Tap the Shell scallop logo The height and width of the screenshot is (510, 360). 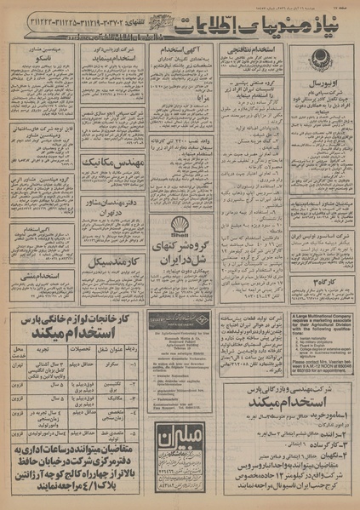pyautogui.click(x=180, y=225)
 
